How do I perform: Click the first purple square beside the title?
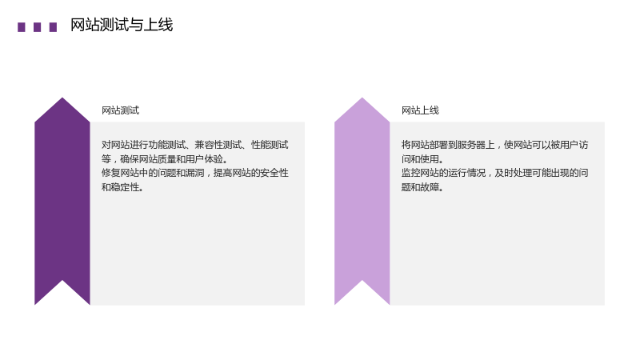22,27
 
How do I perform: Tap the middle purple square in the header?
37,27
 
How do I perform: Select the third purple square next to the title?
53,27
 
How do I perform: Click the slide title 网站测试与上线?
122,25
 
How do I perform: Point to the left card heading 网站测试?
121,110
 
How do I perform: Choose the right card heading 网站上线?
420,110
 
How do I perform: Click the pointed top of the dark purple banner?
62,98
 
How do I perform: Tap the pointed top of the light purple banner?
362,98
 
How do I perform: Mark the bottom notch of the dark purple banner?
62,281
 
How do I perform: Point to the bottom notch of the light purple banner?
362,281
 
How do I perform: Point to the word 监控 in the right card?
410,173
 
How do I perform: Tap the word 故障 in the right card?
430,187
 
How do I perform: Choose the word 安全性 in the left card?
274,173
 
